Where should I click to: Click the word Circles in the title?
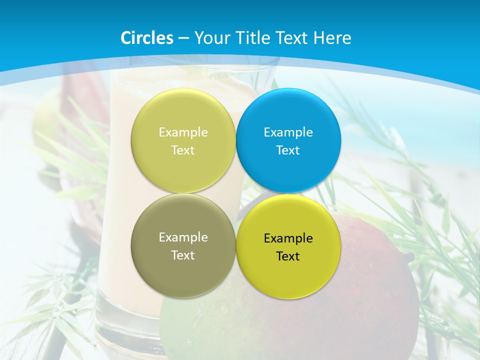[x=147, y=38]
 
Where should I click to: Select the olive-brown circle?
[x=183, y=270]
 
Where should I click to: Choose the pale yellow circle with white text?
[x=183, y=110]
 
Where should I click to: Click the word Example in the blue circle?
[x=288, y=132]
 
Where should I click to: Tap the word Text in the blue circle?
[x=288, y=150]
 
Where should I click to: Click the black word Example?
[x=288, y=238]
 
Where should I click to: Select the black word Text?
[x=288, y=256]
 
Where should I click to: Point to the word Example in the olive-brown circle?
[x=183, y=237]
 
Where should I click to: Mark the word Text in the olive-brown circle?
[x=183, y=255]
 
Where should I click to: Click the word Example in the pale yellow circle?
[x=183, y=132]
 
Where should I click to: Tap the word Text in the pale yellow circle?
[x=183, y=150]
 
